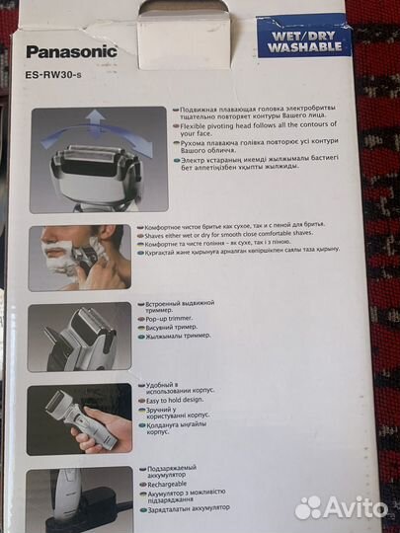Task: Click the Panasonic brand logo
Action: (x=71, y=51)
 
